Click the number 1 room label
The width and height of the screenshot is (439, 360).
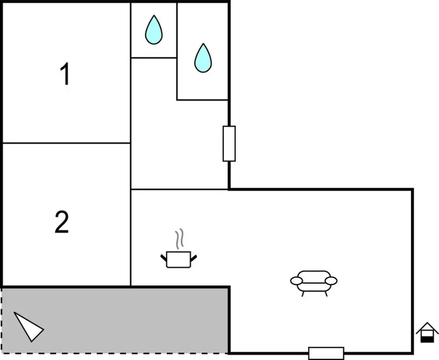[x=66, y=75]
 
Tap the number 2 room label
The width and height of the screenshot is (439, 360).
[x=62, y=222]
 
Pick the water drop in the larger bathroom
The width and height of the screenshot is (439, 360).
[x=203, y=58]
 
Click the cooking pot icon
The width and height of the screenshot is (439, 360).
[x=179, y=259]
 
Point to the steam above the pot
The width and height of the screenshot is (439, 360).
[x=179, y=240]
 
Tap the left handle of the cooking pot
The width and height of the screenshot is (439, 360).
[x=164, y=257]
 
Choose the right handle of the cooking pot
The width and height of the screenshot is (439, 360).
[x=193, y=257]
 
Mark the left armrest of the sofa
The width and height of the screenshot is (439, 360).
[x=296, y=281]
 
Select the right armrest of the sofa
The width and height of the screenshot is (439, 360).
[x=331, y=281]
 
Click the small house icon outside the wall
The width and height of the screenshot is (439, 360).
[x=427, y=332]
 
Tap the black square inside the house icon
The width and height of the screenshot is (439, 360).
[x=427, y=338]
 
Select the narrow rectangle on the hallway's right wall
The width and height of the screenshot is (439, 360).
[x=229, y=143]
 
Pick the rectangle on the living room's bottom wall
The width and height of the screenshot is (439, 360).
[x=326, y=353]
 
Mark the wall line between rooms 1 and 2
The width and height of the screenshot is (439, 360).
[x=66, y=143]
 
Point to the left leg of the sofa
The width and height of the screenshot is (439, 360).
[x=303, y=293]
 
